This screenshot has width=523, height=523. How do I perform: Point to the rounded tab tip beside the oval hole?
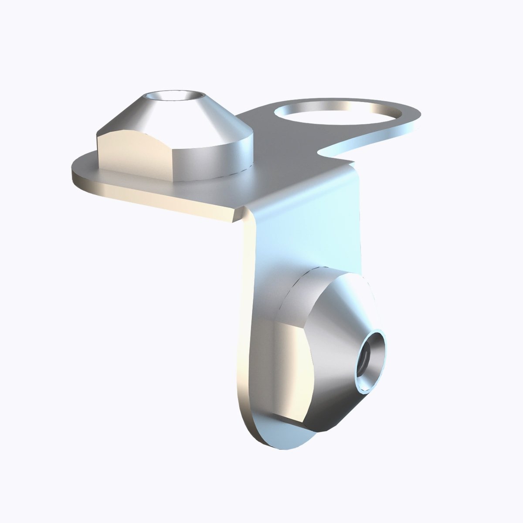(x=414, y=120)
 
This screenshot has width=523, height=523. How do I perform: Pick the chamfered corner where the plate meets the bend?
(x=240, y=214)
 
